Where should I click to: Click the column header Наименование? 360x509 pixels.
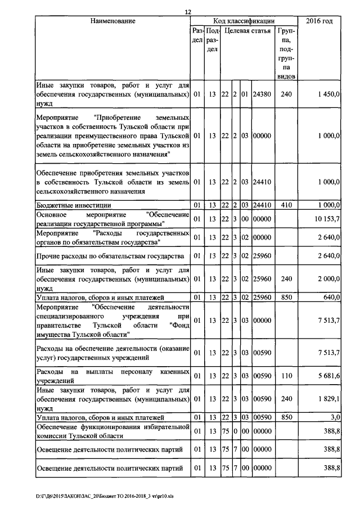coord(112,21)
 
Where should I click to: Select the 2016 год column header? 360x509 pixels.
coord(318,21)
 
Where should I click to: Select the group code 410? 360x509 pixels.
coord(286,205)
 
